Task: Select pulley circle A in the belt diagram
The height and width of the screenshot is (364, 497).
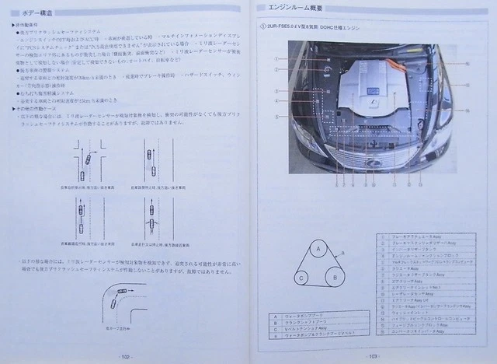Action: pyautogui.click(x=318, y=249)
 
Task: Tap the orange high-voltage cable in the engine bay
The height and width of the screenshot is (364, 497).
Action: pyautogui.click(x=399, y=65)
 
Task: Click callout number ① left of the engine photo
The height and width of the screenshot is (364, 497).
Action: pyautogui.click(x=276, y=59)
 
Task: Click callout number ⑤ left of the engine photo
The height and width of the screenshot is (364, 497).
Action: pyautogui.click(x=276, y=116)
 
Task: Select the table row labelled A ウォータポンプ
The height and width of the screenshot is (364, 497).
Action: pyautogui.click(x=311, y=316)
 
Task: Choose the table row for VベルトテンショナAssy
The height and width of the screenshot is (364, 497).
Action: pyautogui.click(x=311, y=328)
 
